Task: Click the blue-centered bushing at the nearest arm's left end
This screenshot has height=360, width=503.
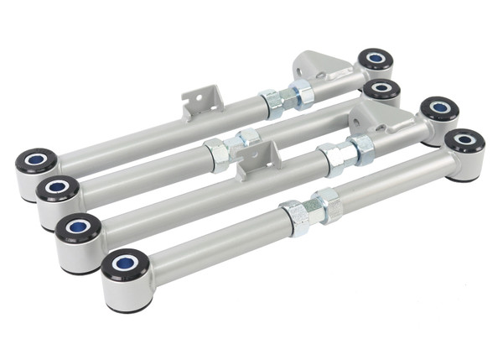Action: tap(126, 267)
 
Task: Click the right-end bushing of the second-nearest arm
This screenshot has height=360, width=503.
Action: tap(438, 108)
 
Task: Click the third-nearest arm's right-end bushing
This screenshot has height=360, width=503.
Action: tap(381, 87)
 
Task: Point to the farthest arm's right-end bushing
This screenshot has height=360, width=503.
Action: tap(375, 60)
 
